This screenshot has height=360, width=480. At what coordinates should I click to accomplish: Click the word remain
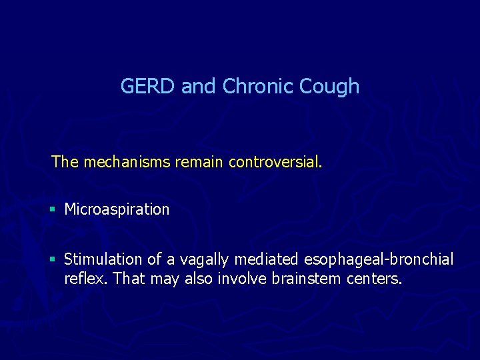200,161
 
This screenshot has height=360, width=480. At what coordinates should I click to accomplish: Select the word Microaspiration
117,209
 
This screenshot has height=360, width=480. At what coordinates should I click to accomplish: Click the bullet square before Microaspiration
53,210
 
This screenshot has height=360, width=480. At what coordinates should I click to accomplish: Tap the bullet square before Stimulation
53,259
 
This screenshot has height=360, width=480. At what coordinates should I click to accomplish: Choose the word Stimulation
103,259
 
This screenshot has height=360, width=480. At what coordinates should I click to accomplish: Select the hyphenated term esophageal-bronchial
378,259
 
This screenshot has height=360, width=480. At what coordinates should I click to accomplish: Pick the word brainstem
307,278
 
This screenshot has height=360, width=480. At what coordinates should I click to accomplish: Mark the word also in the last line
198,278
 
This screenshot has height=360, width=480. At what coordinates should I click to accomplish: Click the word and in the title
198,87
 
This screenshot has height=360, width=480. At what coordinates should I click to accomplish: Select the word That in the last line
129,278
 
